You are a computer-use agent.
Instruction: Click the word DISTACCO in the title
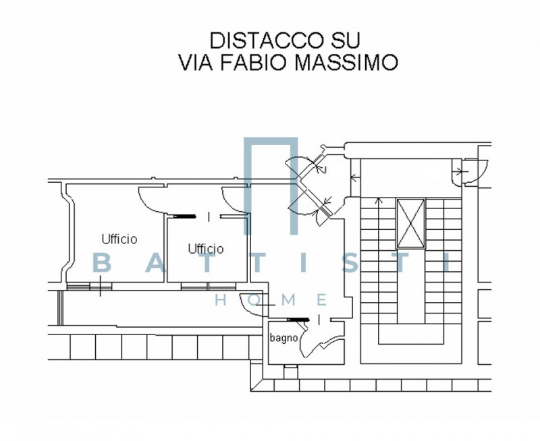(x=267, y=40)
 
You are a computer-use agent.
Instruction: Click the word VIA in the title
(x=196, y=62)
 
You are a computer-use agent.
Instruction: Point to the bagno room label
(x=283, y=338)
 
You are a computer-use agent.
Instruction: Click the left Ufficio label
(x=119, y=239)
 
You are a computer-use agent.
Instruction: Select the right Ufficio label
(x=206, y=248)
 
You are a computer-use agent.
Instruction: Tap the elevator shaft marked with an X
(x=410, y=223)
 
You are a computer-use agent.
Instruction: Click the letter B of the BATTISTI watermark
(x=103, y=263)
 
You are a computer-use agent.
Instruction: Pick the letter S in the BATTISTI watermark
(x=352, y=263)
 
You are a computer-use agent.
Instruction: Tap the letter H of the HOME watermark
(x=221, y=300)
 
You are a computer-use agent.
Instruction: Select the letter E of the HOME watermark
(x=321, y=300)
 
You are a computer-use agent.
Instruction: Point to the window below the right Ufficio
(x=209, y=286)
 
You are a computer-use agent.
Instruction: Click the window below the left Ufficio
(x=89, y=286)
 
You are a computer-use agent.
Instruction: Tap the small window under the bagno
(x=291, y=372)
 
